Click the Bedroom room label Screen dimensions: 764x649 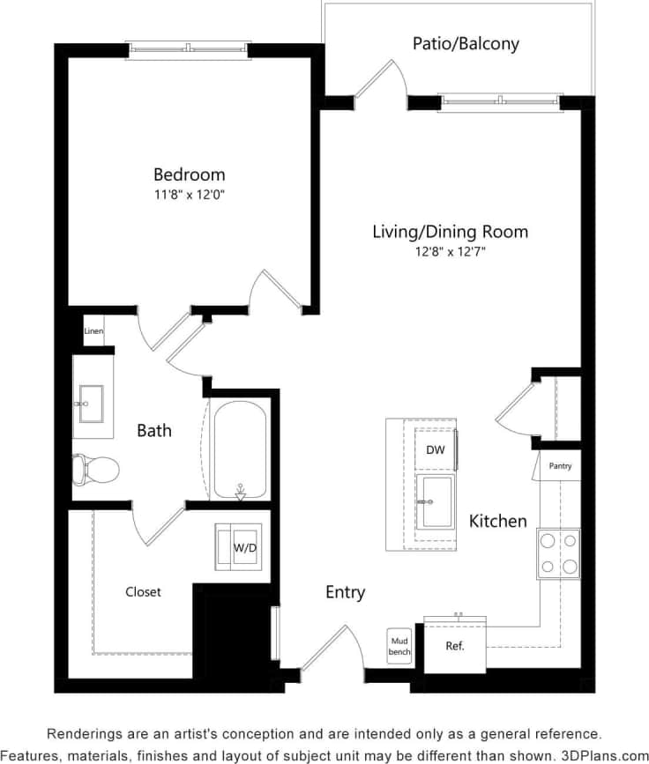click(189, 174)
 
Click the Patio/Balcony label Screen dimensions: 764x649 click(466, 43)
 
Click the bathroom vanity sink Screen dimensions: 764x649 click(91, 405)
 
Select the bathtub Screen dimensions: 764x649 click(240, 451)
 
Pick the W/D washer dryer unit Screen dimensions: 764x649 click(243, 547)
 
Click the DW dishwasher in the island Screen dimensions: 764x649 click(435, 450)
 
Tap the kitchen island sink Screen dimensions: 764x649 click(436, 501)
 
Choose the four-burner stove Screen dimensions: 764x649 click(558, 553)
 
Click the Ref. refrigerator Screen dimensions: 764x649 click(455, 646)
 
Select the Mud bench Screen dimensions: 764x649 click(399, 646)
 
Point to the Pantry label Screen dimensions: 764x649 click(560, 466)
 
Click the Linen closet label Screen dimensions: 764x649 click(93, 332)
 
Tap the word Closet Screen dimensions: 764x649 click(143, 592)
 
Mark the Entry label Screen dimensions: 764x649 click(345, 592)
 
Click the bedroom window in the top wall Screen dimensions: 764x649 click(188, 50)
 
